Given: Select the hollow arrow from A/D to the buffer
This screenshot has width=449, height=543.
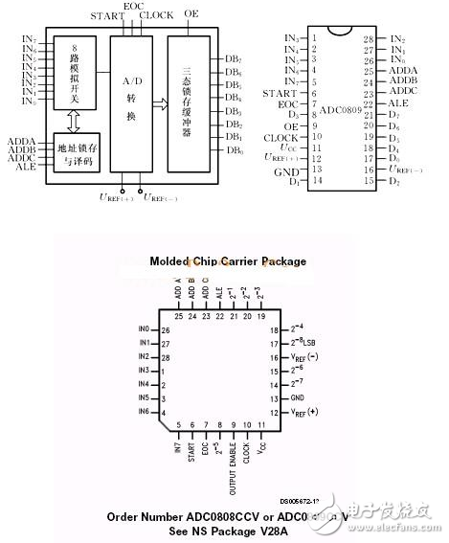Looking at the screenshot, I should (159, 102).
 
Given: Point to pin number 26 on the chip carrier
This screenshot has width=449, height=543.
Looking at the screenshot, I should (167, 328).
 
